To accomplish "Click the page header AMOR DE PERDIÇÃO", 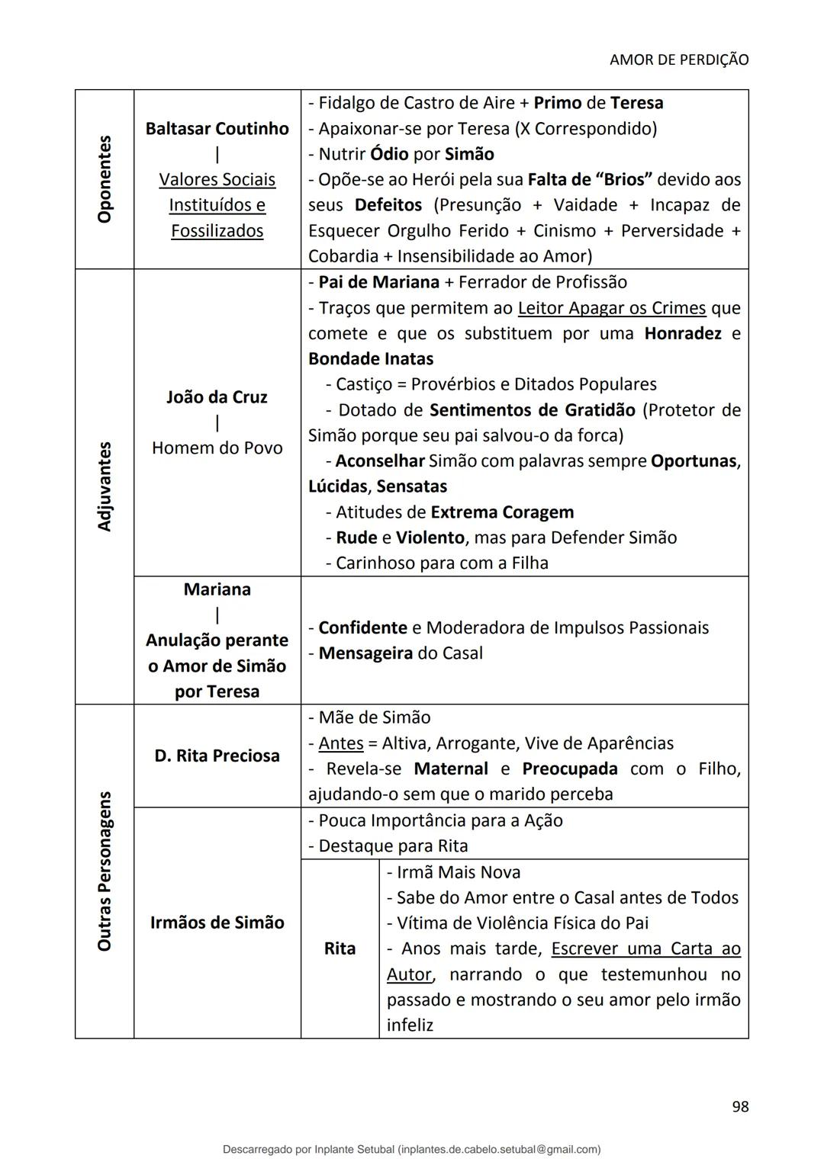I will (678, 59).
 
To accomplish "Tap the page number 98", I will (739, 1106).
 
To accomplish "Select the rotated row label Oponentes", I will (105, 179).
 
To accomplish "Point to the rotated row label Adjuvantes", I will (105, 486).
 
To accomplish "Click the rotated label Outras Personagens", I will (105, 871).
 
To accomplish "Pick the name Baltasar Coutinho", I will (217, 128).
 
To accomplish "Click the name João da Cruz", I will (217, 396).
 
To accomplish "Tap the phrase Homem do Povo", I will (217, 448).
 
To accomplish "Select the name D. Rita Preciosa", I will (217, 756).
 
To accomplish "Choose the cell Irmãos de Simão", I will (217, 923).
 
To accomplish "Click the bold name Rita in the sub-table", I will (340, 948).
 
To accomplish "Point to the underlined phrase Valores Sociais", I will (217, 179).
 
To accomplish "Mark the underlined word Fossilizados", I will (217, 230).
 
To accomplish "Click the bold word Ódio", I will (389, 154).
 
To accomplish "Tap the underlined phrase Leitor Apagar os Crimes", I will (611, 308).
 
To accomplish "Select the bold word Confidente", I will (362, 627).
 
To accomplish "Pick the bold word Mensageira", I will (365, 653).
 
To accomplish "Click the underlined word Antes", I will (340, 743).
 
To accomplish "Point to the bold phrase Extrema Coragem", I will (501, 512).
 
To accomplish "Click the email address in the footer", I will (499, 1149).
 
